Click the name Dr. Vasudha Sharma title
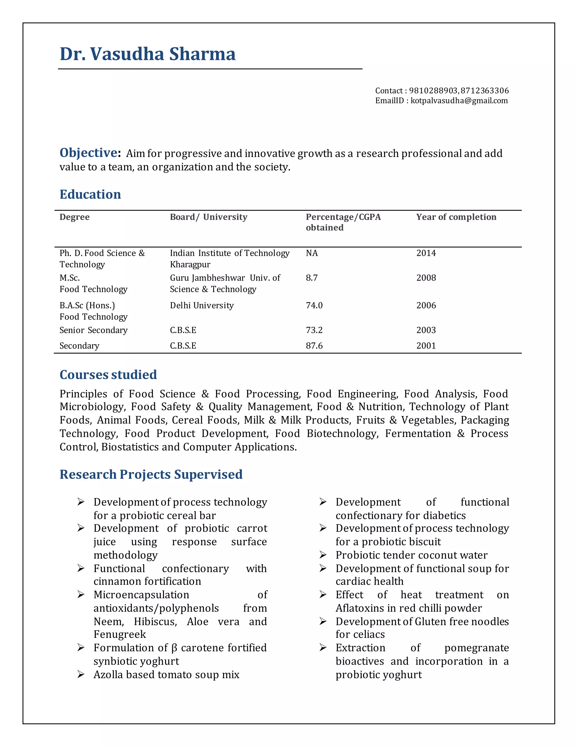147,54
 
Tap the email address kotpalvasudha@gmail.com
459,101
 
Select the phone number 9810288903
433,91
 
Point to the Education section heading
90,194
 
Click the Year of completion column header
456,217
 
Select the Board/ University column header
208,217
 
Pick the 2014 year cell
426,253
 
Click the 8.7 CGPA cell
311,278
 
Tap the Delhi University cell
202,305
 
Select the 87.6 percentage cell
314,346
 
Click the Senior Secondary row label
93,330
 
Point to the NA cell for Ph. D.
311,253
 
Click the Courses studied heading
108,375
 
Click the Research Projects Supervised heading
151,474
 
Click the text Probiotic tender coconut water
411,555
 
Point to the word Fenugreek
120,634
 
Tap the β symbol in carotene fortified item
174,648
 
